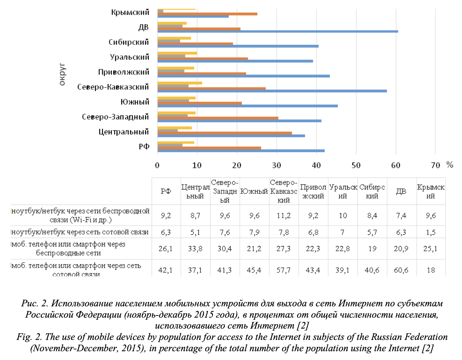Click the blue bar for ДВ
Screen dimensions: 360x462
(278, 31)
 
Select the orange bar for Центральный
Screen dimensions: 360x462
(224, 133)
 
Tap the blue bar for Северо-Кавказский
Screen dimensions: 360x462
(272, 91)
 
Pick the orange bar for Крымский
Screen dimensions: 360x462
(207, 14)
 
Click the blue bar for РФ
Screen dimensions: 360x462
(241, 151)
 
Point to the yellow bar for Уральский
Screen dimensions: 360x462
(177, 53)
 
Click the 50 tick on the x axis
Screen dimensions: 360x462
(356, 165)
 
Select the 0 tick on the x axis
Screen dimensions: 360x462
(157, 165)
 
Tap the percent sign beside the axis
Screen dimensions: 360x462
(450, 165)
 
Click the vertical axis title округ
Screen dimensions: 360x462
(62, 75)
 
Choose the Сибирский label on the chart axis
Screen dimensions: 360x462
(129, 42)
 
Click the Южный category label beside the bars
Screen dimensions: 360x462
(135, 102)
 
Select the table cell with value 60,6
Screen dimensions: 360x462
(401, 270)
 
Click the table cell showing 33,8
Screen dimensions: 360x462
(195, 249)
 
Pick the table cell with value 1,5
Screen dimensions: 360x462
(431, 232)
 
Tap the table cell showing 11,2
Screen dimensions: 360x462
(284, 215)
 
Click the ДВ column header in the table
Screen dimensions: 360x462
(401, 191)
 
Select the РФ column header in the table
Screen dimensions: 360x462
(166, 191)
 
